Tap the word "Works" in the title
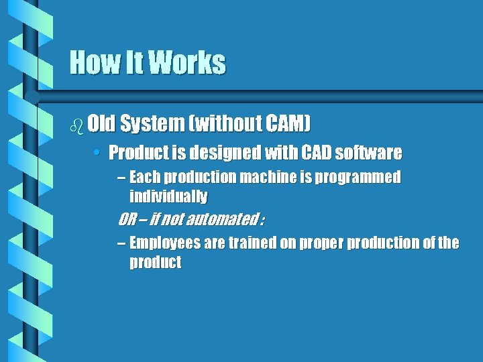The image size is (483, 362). (187, 62)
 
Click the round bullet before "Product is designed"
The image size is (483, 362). (97, 154)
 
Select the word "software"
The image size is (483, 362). (368, 153)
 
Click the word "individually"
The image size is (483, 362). (168, 197)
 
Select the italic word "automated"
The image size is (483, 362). (223, 219)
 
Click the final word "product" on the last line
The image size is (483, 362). (155, 262)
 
